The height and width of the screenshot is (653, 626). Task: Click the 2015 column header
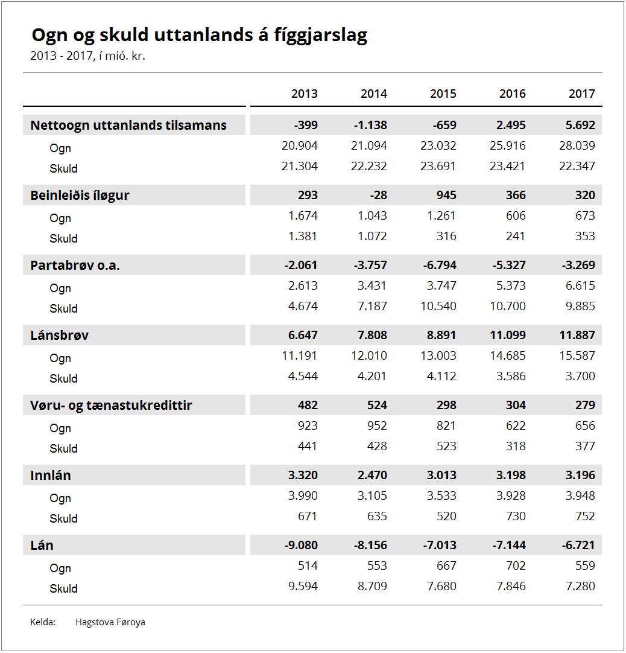click(x=443, y=94)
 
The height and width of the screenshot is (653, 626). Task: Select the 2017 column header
click(x=581, y=94)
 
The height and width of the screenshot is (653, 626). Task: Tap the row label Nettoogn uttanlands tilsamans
click(x=128, y=126)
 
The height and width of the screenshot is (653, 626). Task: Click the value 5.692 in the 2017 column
click(x=580, y=125)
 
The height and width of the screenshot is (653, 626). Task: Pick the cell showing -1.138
click(x=370, y=125)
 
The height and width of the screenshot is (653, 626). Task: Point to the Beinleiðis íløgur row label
click(x=80, y=196)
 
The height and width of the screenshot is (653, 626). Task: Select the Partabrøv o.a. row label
click(x=75, y=266)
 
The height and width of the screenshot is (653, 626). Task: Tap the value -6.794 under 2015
click(x=440, y=265)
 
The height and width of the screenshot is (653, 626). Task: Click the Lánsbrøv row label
click(x=60, y=335)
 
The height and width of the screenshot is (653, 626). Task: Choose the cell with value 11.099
click(x=508, y=335)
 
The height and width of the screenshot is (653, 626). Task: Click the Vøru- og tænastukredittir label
click(x=111, y=405)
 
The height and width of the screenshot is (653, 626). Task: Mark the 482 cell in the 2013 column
click(x=308, y=405)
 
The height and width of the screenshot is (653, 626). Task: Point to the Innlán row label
click(x=51, y=475)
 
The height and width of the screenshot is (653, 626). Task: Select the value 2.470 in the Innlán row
click(x=372, y=475)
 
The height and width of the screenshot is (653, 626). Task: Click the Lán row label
click(x=42, y=545)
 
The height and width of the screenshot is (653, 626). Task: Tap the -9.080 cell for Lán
click(x=301, y=545)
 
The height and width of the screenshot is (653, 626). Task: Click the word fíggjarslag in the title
click(x=320, y=36)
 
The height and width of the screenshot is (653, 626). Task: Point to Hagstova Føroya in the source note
click(x=110, y=622)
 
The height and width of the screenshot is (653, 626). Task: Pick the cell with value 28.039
click(x=577, y=145)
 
